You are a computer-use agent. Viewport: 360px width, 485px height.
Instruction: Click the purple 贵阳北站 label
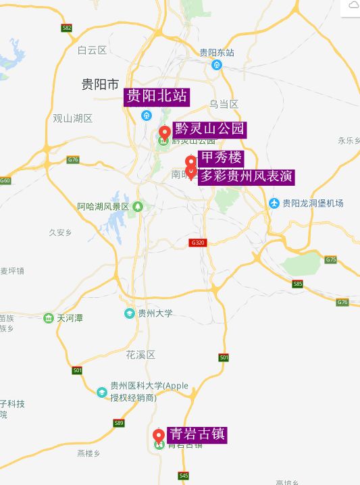[156, 97]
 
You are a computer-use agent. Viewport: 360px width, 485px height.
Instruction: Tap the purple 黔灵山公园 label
[209, 129]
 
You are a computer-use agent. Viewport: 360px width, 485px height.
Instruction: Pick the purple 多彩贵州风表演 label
[246, 176]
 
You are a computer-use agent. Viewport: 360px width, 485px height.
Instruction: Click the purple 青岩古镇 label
[197, 434]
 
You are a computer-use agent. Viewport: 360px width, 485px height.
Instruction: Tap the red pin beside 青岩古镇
[159, 434]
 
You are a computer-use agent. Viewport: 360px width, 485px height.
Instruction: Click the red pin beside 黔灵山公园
[164, 132]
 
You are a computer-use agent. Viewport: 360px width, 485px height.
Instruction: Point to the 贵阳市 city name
[100, 84]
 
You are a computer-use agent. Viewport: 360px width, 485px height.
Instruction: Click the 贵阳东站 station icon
[217, 65]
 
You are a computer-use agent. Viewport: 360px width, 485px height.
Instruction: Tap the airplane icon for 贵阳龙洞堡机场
[274, 203]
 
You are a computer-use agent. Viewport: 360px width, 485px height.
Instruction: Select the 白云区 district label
[92, 50]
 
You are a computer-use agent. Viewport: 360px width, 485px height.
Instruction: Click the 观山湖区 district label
[72, 118]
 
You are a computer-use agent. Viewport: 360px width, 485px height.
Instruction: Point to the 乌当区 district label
[224, 104]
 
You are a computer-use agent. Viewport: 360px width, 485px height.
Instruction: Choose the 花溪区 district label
[140, 355]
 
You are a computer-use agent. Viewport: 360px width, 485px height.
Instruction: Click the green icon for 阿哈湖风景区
[138, 206]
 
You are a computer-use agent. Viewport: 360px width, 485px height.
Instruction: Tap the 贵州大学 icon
[130, 313]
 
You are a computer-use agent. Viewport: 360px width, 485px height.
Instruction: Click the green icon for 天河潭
[48, 318]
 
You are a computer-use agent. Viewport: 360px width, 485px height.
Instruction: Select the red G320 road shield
[198, 242]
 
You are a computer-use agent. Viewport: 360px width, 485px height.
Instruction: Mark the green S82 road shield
[66, 28]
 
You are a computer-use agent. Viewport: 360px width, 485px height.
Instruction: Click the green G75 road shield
[330, 259]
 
